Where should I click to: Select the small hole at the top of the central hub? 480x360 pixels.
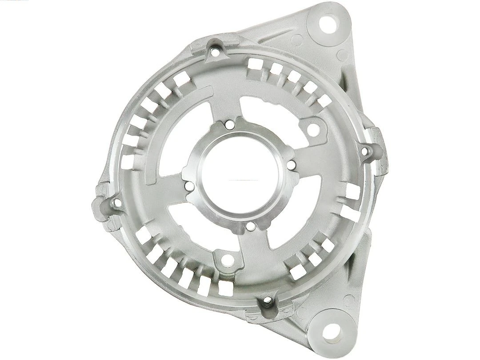(229, 126)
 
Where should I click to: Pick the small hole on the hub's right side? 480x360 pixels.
(291, 165)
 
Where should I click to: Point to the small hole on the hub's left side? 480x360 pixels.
(188, 187)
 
